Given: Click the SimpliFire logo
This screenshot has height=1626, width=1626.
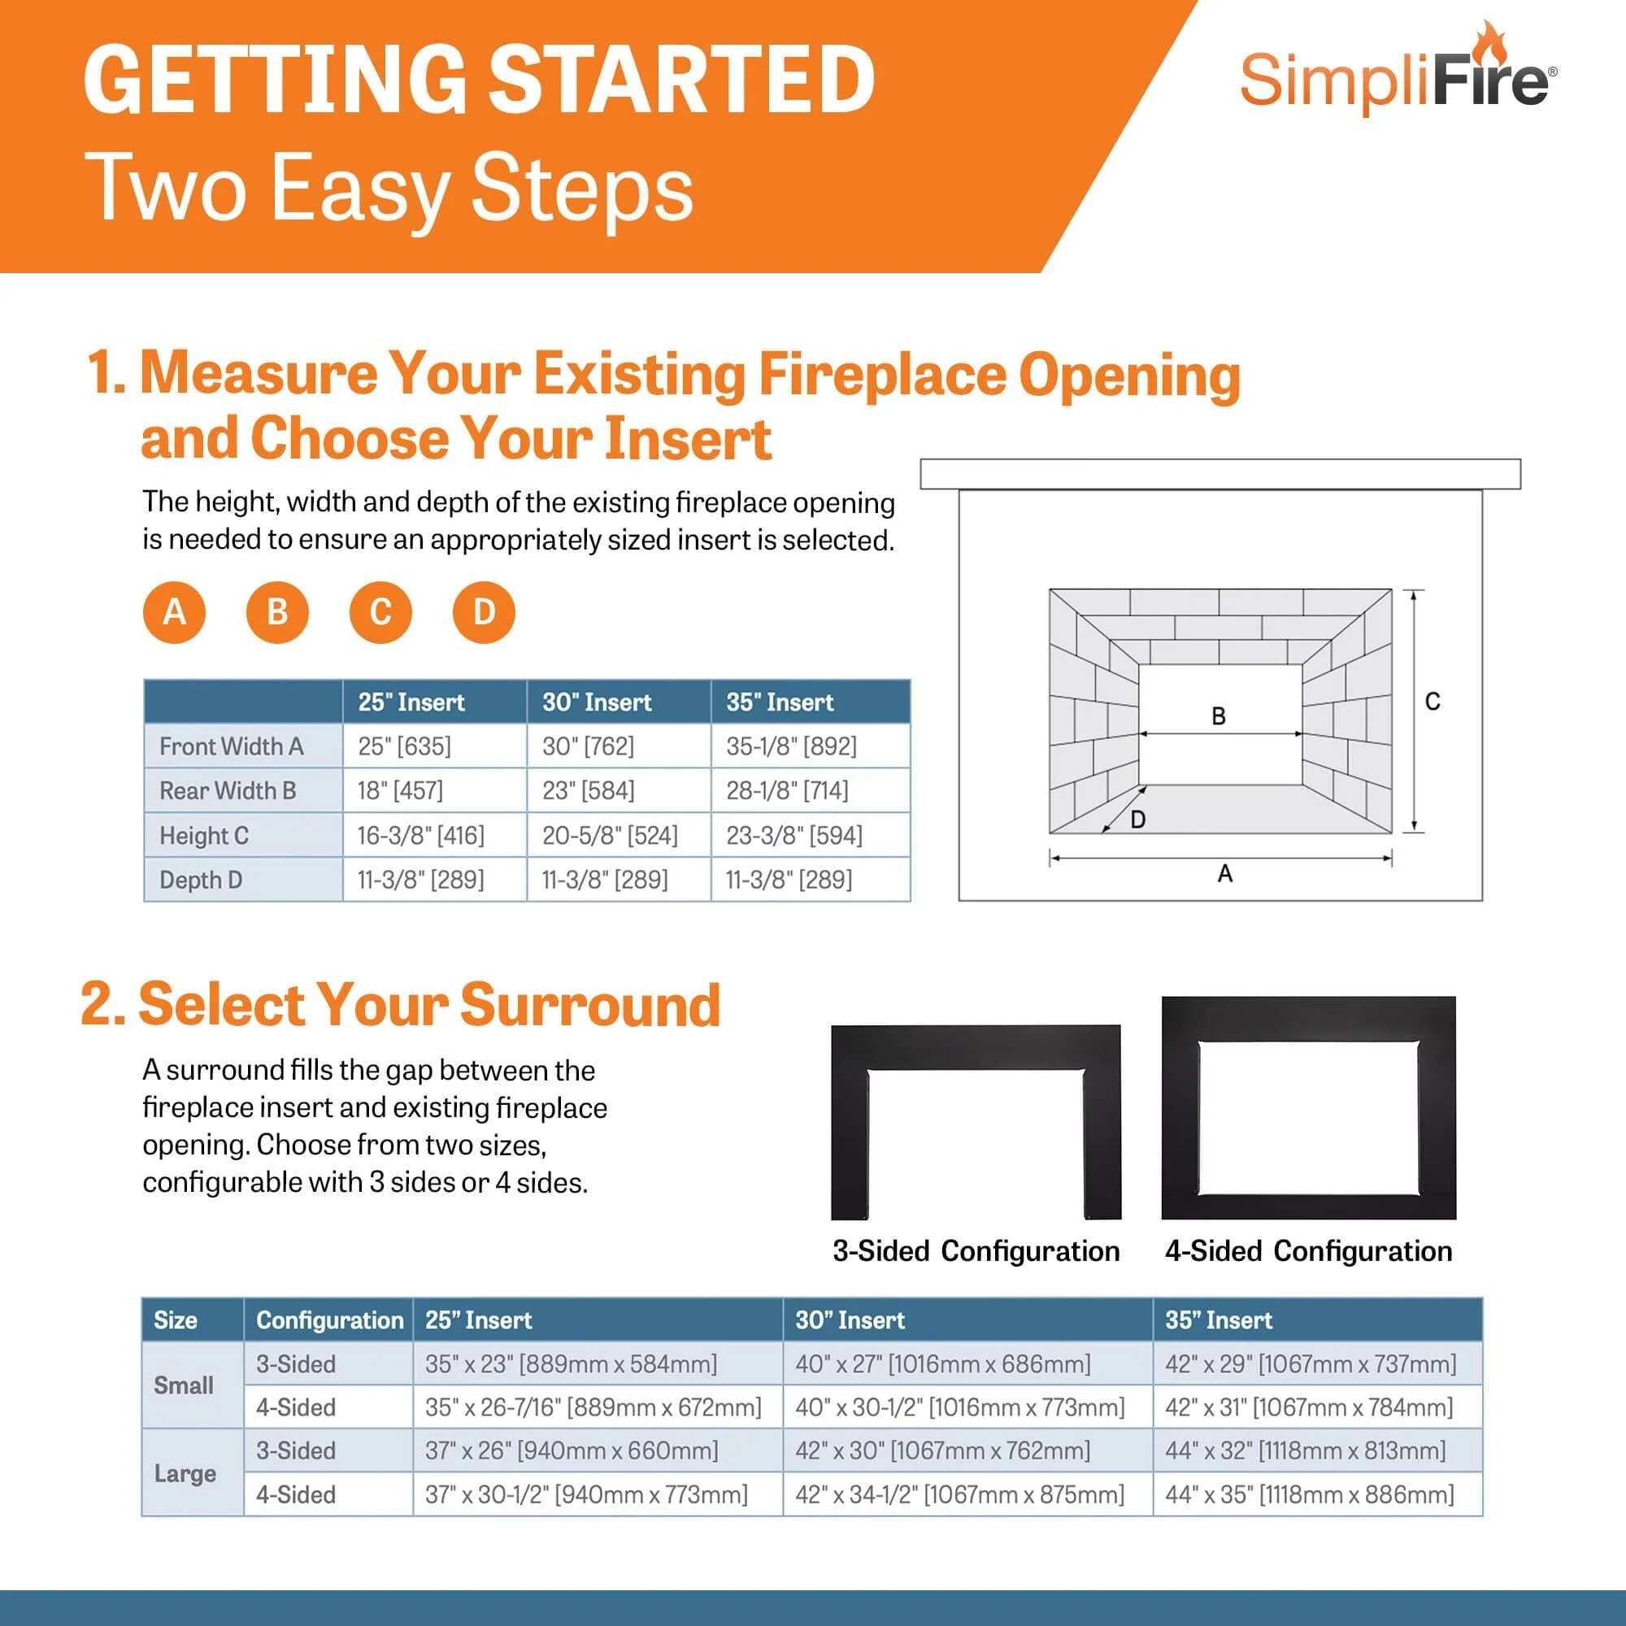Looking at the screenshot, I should pyautogui.click(x=1397, y=76).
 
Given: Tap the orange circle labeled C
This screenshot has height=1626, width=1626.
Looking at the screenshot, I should pyautogui.click(x=380, y=612).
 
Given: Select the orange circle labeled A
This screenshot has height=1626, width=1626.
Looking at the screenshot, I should pyautogui.click(x=174, y=612).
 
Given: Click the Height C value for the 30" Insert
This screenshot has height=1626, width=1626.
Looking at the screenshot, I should pyautogui.click(x=611, y=835).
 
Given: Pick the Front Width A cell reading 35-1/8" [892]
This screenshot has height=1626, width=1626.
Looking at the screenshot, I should pyautogui.click(x=791, y=746).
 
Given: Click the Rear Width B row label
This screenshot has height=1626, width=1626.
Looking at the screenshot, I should pyautogui.click(x=228, y=790).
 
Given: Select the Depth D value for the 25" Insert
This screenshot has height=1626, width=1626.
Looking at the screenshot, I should pyautogui.click(x=421, y=880).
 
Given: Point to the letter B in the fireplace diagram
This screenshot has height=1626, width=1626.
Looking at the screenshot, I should pyautogui.click(x=1218, y=716).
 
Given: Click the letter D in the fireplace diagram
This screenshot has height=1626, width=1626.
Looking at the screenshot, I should pyautogui.click(x=1138, y=819).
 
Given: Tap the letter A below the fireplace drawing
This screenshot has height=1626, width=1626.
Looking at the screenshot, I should pyautogui.click(x=1224, y=874).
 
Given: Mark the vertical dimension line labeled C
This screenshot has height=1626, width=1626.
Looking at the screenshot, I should pyautogui.click(x=1414, y=711).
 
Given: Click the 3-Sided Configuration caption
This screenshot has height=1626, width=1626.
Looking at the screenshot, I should pyautogui.click(x=976, y=1250).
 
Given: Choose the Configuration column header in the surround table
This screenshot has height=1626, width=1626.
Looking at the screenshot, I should pyautogui.click(x=329, y=1319).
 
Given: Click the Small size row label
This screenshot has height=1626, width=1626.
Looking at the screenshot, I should pyautogui.click(x=184, y=1385).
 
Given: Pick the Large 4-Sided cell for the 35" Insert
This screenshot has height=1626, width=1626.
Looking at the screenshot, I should pyautogui.click(x=1309, y=1495).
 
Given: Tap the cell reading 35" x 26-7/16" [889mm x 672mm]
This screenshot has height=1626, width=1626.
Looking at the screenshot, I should pyautogui.click(x=593, y=1407).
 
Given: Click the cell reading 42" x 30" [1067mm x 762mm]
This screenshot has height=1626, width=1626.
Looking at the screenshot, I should pyautogui.click(x=942, y=1451).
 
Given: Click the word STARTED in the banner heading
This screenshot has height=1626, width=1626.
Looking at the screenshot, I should pyautogui.click(x=682, y=80).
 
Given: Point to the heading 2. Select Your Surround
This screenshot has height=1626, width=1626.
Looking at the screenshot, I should pyautogui.click(x=401, y=1005).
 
